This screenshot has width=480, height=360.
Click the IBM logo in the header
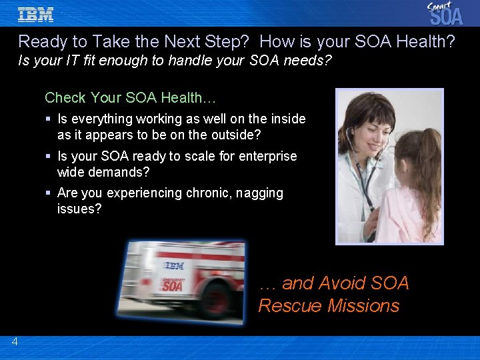click(35, 14)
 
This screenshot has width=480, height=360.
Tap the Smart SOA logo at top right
click(445, 13)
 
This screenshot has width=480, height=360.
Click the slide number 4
click(15, 342)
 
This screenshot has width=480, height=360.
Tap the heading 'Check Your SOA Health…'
click(130, 97)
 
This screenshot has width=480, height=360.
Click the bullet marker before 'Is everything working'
click(49, 119)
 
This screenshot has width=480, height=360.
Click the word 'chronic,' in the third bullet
click(214, 193)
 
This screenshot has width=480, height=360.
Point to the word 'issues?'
click(79, 209)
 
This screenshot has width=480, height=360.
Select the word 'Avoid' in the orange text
click(343, 283)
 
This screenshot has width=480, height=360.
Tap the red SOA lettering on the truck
click(173, 285)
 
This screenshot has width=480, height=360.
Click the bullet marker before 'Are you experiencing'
click(49, 193)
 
